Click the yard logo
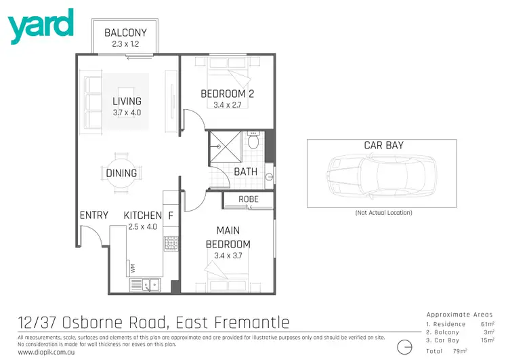[x=40, y=25]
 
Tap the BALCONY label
[x=125, y=33]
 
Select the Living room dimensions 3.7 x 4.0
[x=127, y=113]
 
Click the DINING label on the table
[x=122, y=173]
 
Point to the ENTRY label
[x=94, y=216]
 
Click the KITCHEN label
[x=142, y=216]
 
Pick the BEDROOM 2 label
[x=227, y=94]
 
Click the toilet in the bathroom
[x=253, y=142]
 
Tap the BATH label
[x=245, y=172]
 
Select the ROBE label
[x=248, y=199]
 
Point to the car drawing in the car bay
[x=383, y=174]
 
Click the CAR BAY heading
[x=383, y=145]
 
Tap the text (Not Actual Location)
[x=383, y=213]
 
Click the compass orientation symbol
[x=405, y=346]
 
